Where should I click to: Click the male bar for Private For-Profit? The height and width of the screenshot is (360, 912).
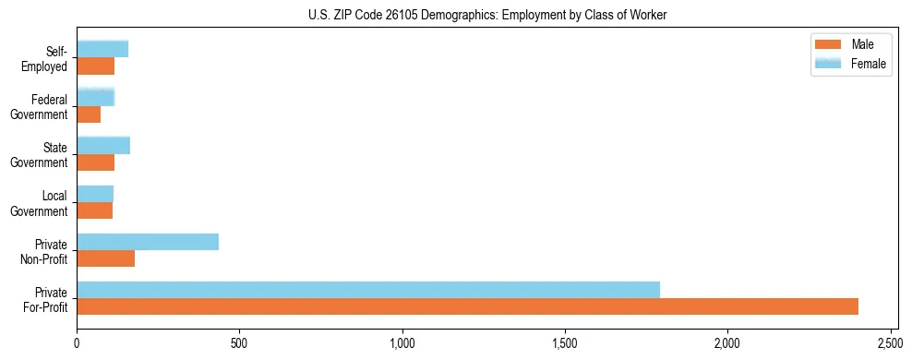pos(467,306)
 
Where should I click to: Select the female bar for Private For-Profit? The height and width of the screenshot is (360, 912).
pos(368,290)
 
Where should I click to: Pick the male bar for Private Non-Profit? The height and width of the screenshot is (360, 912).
pos(106,258)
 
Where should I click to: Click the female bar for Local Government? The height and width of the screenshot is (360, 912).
pos(95,194)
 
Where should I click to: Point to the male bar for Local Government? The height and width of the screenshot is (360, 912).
pos(95,210)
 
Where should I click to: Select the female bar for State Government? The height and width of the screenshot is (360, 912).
pos(103,145)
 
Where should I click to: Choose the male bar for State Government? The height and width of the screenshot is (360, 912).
pos(96,162)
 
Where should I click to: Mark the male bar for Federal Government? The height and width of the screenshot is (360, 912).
pos(89,114)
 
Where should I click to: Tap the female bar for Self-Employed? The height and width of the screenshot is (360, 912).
pos(102,49)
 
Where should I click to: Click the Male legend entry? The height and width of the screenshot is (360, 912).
pos(850,44)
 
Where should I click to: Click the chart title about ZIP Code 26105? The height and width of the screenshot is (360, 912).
pos(487,15)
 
